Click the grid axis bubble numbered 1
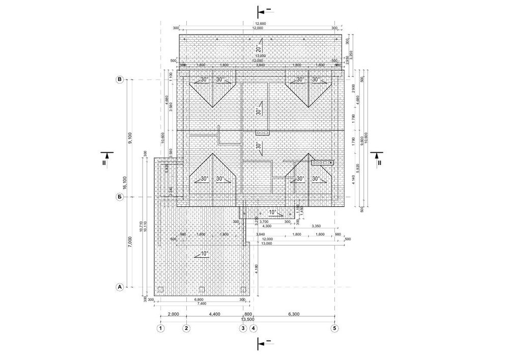pyautogui.click(x=161, y=328)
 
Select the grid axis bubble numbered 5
pyautogui.click(x=335, y=328)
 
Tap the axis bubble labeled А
pyautogui.click(x=120, y=287)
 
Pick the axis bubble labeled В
pyautogui.click(x=120, y=80)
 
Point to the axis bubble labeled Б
pyautogui.click(x=120, y=197)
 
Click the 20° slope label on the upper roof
pyautogui.click(x=258, y=49)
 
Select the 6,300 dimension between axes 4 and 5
pyautogui.click(x=294, y=315)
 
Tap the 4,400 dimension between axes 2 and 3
pyautogui.click(x=215, y=315)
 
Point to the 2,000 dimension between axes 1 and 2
pyautogui.click(x=174, y=315)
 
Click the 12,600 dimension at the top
pyautogui.click(x=261, y=23)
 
